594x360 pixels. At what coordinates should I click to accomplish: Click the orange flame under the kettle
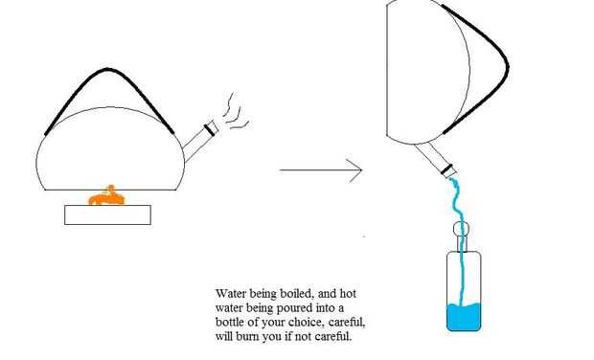[106, 197]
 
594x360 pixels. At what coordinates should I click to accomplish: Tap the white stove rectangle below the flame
[107, 215]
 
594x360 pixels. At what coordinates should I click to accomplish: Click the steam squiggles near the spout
[235, 112]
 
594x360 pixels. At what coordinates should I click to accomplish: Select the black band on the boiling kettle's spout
[210, 129]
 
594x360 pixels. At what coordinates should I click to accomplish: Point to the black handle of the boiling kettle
[107, 69]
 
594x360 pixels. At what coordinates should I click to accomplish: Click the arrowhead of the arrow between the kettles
[356, 170]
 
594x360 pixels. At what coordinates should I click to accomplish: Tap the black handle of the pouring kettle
[507, 67]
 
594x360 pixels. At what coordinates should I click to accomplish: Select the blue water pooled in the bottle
[464, 317]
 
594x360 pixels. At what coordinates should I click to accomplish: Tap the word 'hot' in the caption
[348, 294]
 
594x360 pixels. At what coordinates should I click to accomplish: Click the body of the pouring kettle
[428, 72]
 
